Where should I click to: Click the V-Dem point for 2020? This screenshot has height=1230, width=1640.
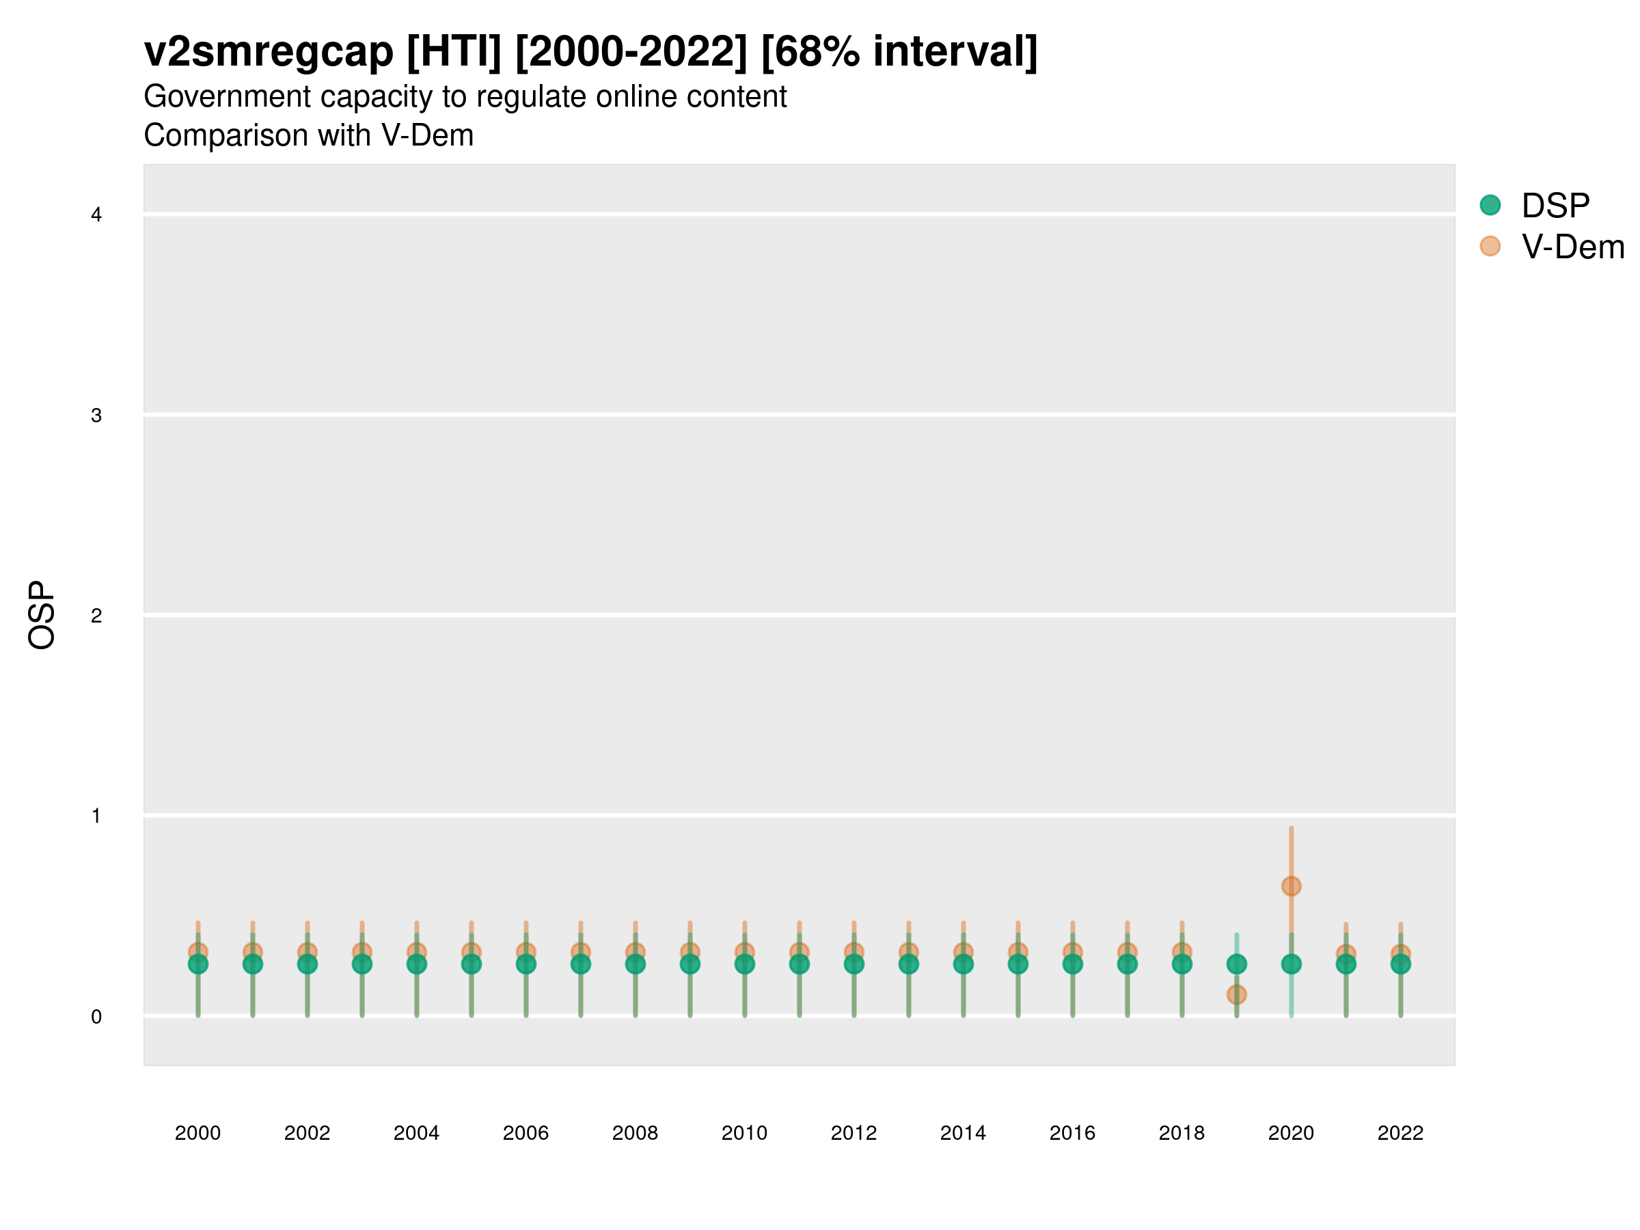pos(1291,886)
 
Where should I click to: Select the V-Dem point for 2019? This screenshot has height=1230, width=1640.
pos(1237,994)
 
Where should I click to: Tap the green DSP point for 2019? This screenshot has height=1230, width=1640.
pos(1237,963)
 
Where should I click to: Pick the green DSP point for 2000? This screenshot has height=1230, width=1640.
pos(198,963)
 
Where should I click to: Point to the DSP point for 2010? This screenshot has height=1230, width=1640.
pos(744,963)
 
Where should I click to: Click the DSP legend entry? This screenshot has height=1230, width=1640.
pos(1555,206)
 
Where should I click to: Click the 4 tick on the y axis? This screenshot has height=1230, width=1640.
pos(96,215)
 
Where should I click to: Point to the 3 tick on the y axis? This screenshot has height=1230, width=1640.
pos(96,415)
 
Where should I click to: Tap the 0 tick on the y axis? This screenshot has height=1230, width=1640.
pos(96,1017)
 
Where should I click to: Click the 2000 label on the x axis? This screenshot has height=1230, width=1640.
pos(198,1133)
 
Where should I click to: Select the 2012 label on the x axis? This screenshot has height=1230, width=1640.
pos(853,1133)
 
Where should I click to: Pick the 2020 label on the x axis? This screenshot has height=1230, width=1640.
pos(1291,1133)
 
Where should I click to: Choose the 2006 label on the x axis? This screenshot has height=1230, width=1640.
pos(525,1133)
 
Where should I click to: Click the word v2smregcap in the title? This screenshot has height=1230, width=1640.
pos(269,52)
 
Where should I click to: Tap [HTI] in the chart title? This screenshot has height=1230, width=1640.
pos(454,52)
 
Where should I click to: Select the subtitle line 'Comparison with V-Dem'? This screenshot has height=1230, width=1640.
pos(308,136)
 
